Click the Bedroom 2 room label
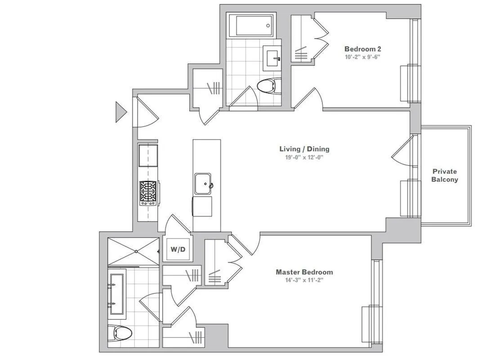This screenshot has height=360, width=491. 363,49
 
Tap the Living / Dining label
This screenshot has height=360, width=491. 304,149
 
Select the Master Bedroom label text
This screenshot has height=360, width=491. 304,272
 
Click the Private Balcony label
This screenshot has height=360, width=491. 445,175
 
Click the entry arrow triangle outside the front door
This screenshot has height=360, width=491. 121,112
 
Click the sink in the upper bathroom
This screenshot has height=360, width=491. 272,58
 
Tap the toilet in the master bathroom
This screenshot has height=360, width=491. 122,333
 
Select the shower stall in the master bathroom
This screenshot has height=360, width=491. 133,251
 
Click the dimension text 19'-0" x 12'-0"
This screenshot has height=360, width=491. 304,157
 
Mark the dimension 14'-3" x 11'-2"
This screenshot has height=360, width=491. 304,280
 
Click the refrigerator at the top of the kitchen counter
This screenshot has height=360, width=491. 148,155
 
